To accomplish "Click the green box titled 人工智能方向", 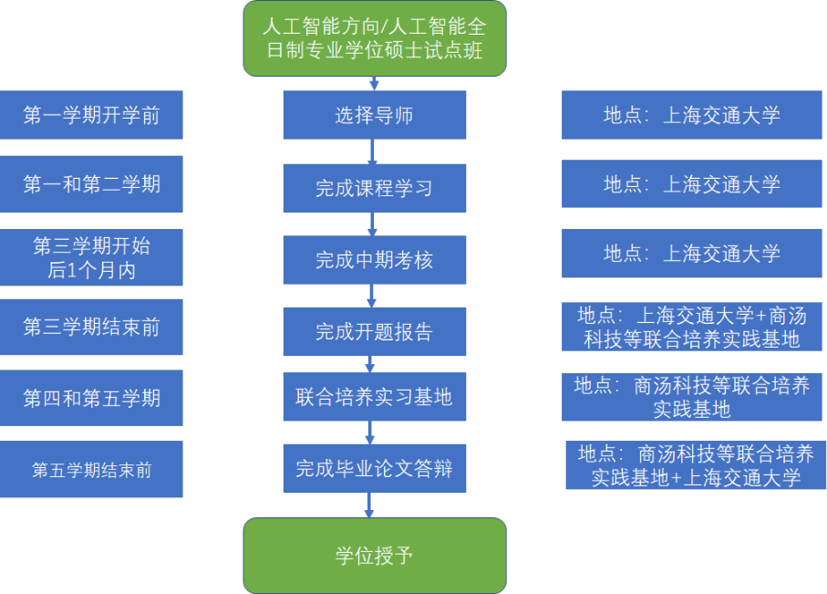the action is tap(375, 38).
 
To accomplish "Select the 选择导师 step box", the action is tap(375, 115).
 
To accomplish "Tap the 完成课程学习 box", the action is tap(375, 189).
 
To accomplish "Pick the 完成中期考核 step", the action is tap(375, 260).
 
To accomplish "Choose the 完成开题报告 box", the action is tap(375, 331).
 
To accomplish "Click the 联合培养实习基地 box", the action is tap(375, 397).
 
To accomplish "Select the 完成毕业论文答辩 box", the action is tap(375, 468).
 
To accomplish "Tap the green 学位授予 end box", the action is tap(375, 556).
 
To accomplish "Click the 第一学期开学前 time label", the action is tap(91, 115).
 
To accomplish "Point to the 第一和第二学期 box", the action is tap(91, 184).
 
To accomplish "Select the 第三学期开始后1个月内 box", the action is tap(91, 257).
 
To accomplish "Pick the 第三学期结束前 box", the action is tap(91, 328).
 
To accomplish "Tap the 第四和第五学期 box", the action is tap(91, 398).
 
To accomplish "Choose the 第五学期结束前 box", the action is tap(91, 469).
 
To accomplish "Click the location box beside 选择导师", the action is tap(691, 115).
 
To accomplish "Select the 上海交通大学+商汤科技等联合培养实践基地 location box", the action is tap(691, 327).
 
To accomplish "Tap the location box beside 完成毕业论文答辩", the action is tap(696, 465).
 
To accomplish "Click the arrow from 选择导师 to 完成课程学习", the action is tap(372, 151).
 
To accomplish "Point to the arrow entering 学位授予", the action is tap(369, 505).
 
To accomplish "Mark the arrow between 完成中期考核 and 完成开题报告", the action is tap(372, 296).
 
